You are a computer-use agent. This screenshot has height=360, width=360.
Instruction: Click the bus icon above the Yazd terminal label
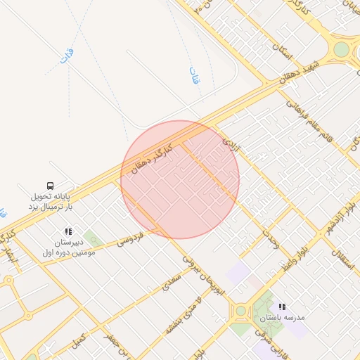point(50,186)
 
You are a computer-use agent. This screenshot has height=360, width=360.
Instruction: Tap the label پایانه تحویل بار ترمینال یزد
point(50,202)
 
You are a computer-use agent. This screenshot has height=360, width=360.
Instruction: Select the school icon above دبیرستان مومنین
point(68,231)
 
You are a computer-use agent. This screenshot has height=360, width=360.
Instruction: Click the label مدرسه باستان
point(282,318)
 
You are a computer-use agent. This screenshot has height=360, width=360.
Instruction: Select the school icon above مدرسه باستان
point(282,307)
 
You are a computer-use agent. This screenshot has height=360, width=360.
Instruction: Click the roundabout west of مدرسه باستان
point(240,310)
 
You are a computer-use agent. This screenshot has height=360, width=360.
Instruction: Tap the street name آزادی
point(231,146)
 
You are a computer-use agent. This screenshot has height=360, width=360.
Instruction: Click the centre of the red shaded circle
point(180,179)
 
